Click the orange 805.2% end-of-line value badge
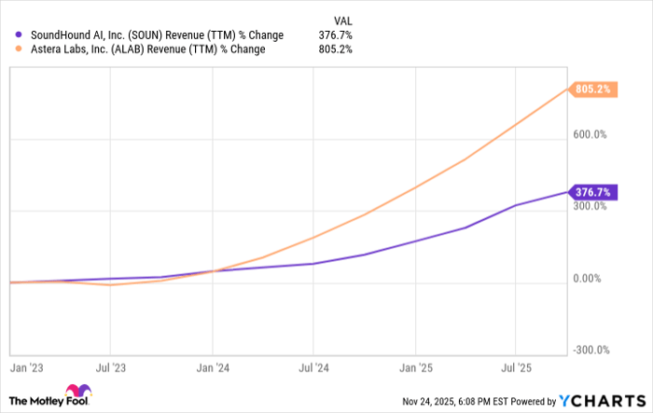tap(593, 89)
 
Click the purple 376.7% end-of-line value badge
tap(593, 192)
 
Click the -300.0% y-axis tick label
tap(590, 351)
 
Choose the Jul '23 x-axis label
tap(111, 366)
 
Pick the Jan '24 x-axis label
tap(213, 366)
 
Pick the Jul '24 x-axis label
tap(314, 366)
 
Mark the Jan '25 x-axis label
tap(416, 366)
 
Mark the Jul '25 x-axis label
tap(518, 366)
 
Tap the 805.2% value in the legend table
tap(335, 49)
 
